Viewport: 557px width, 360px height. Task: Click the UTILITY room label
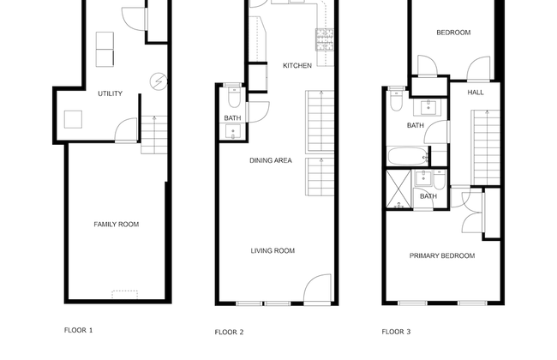tap(111, 93)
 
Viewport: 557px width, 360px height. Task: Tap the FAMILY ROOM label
tap(117, 225)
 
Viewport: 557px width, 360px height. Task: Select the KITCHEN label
tap(297, 65)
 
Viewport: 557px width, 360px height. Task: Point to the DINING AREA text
tap(271, 160)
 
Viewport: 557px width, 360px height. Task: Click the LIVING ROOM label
tap(273, 250)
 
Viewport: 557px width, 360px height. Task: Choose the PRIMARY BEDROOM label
tap(442, 255)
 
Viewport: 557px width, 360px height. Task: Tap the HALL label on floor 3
tap(476, 93)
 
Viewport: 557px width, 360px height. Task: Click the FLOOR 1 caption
tap(79, 330)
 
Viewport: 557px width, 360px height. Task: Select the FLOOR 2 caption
tap(229, 333)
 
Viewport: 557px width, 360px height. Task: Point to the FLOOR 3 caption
tap(396, 332)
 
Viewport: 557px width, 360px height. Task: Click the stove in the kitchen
tap(325, 39)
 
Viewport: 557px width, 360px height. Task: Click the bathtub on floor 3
tap(408, 156)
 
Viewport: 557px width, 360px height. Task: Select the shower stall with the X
tap(398, 189)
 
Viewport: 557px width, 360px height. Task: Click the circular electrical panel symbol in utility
tap(159, 81)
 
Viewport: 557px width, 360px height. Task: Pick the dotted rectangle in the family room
tap(125, 295)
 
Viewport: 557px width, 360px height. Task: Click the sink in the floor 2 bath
tap(233, 131)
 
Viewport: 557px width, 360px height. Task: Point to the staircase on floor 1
tap(154, 135)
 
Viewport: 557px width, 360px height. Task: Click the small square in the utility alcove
tap(73, 119)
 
